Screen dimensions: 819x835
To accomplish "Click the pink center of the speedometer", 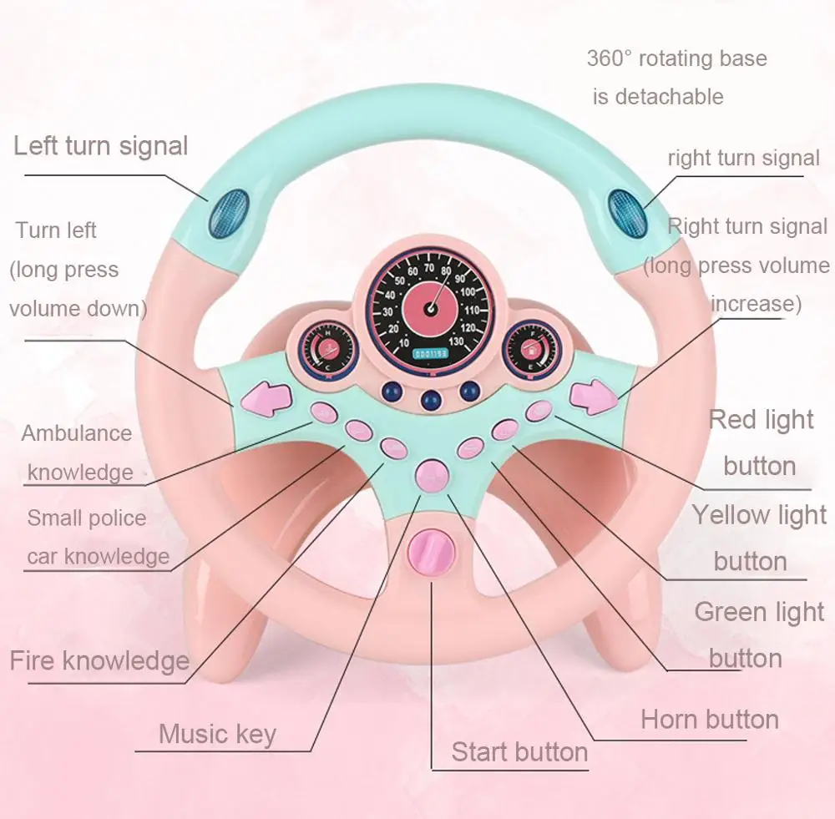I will tap(431, 306).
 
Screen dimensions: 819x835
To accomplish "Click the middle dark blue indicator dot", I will tap(432, 400).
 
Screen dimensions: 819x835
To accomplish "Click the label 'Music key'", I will tap(217, 734).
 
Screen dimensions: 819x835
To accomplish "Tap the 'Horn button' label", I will tap(709, 719).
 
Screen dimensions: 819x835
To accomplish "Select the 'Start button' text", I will tap(519, 751).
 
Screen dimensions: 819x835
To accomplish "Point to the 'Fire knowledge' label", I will tap(99, 661).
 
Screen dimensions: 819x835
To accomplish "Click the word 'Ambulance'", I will tap(77, 433).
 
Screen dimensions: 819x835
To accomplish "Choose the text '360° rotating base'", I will tap(676, 59).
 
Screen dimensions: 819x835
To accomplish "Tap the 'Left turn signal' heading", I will tap(100, 146).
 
